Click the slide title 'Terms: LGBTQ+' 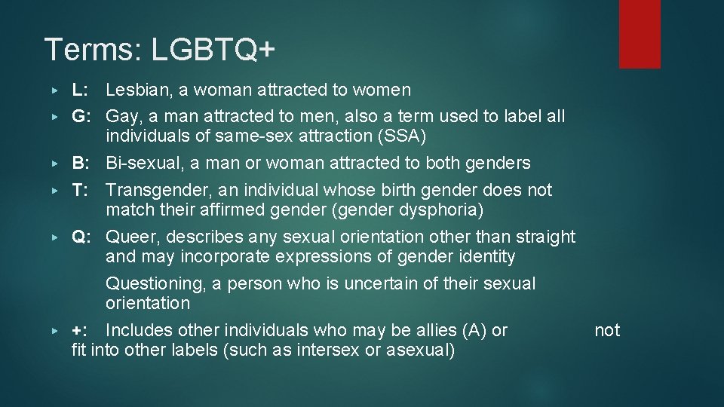tap(160, 50)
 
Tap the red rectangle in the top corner tap(640, 34)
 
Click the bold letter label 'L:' tap(81, 90)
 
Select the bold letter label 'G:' tap(82, 117)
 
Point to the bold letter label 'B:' tap(81, 163)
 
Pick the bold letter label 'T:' tap(81, 190)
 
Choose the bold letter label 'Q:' tap(82, 237)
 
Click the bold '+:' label tap(80, 330)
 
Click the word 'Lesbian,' tap(137, 90)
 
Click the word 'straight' tap(545, 237)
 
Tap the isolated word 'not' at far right tap(607, 330)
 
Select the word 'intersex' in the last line tap(326, 350)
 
